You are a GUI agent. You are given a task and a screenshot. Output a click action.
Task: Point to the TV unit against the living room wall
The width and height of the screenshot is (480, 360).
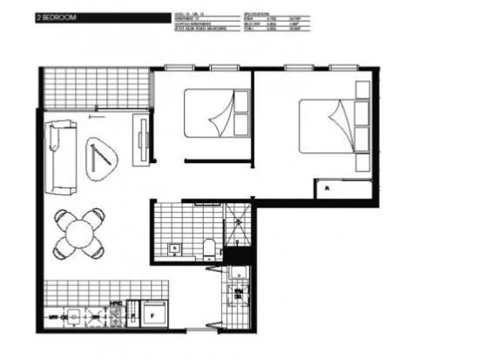pos(140,139)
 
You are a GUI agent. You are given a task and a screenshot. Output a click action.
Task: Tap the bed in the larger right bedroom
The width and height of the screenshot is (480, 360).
pos(331,130)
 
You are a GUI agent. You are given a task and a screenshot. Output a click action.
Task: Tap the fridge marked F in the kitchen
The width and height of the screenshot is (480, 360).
pos(156,309)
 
